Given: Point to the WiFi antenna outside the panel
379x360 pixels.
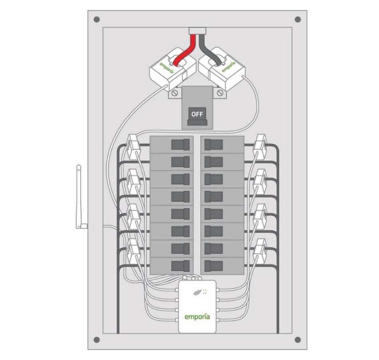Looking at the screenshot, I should click(79, 197).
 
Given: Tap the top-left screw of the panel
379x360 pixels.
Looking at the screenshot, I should click(96, 19).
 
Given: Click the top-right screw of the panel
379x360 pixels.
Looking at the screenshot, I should click(298, 19).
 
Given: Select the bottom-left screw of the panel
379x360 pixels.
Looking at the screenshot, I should click(96, 340).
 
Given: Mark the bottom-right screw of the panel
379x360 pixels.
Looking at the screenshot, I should click(298, 340).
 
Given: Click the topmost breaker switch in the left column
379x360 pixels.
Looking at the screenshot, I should click(180, 144).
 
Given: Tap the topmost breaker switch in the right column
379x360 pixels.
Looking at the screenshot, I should click(213, 144).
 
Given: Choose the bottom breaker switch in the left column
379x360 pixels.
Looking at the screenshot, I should click(180, 266).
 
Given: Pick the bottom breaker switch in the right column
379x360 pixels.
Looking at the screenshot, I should click(213, 266).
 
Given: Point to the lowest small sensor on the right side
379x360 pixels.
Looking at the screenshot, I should click(261, 250).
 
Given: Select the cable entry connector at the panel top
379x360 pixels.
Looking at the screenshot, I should click(197, 31).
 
